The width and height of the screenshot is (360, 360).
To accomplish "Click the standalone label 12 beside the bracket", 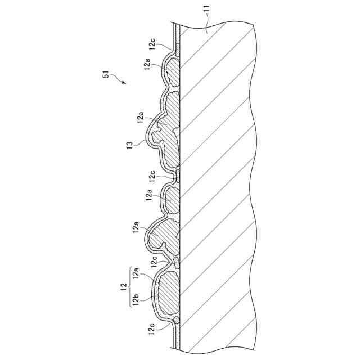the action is point(122,286).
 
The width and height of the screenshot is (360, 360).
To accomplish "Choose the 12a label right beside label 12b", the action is point(136,274).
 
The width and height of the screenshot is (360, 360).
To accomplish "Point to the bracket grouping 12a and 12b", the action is point(129,286).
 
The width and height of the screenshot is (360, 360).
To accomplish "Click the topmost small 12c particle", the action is point(177,49).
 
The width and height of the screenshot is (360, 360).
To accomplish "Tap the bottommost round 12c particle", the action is point(177,320).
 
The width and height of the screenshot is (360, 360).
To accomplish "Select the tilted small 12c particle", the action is point(177,262).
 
